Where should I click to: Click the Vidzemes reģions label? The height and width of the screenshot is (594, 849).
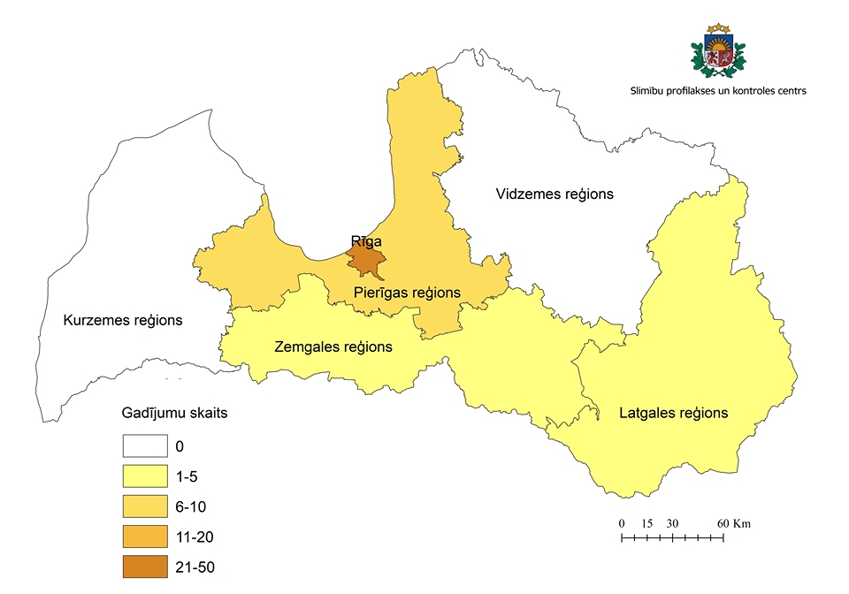pos(554,194)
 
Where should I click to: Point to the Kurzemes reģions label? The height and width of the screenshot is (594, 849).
pos(123,320)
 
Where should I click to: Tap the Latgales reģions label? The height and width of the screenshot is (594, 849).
pos(673,413)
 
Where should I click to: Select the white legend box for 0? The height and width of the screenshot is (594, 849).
pos(145,446)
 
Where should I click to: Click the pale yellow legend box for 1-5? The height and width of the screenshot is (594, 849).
pos(145,476)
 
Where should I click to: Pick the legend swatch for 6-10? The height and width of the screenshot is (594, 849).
pos(145,506)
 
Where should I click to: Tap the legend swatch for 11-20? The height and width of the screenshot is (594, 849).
pos(145,537)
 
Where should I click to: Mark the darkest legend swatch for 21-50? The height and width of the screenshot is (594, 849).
pos(145,566)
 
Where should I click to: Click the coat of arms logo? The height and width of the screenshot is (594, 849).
pos(717,52)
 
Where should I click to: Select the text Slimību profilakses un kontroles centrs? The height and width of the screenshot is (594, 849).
pos(717,91)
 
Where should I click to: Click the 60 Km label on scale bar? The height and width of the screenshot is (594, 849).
pos(734,523)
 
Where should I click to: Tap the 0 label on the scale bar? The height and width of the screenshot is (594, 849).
pos(622,523)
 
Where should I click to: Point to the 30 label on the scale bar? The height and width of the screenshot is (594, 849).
pos(672,523)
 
